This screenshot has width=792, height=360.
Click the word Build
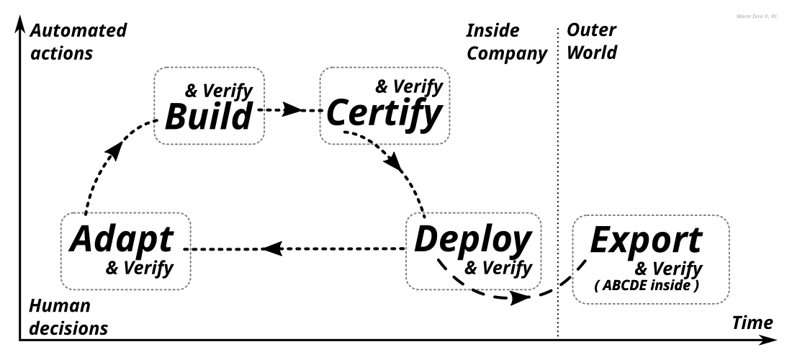click(210, 117)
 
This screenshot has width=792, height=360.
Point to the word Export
click(645, 240)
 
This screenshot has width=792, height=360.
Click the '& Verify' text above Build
click(218, 91)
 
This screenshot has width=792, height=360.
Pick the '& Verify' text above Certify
click(409, 87)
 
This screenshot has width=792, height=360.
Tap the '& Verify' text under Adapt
click(140, 269)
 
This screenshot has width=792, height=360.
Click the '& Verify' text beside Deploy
click(498, 269)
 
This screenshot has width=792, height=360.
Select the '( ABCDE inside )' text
click(645, 286)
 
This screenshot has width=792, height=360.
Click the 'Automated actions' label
click(78, 42)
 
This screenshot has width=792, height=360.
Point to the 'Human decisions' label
click(68, 317)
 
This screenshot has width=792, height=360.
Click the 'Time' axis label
click(752, 323)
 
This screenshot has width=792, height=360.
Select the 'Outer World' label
click(593, 42)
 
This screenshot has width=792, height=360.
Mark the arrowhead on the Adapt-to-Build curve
click(114, 151)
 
